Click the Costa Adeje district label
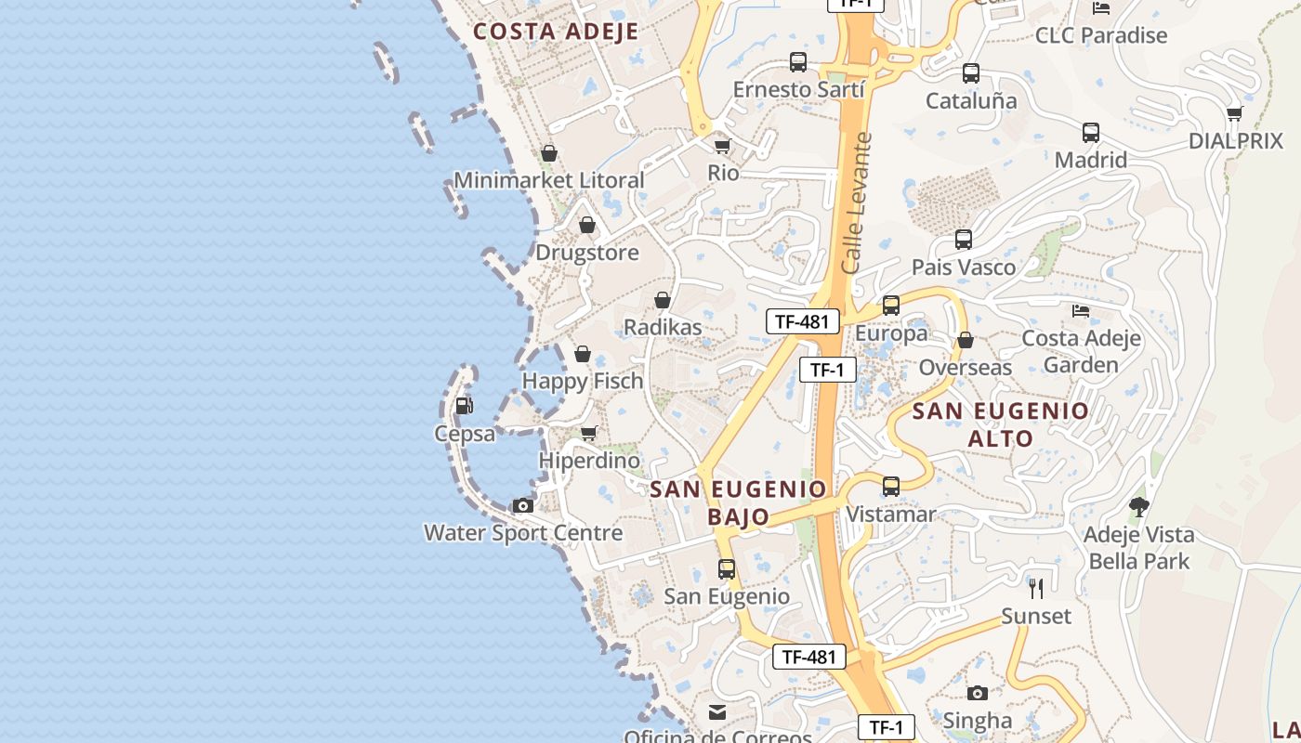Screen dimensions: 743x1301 point(556,32)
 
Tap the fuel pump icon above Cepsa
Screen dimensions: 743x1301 point(464,405)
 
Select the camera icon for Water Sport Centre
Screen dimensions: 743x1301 point(523,505)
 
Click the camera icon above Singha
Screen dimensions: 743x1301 point(977,693)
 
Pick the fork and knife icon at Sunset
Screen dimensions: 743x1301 point(1036,588)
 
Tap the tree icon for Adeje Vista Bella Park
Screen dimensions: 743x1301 point(1138,506)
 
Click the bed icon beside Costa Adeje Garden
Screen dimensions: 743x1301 point(1080,310)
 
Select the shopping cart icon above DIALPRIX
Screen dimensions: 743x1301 point(1234,113)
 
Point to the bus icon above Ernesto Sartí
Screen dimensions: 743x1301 point(798,62)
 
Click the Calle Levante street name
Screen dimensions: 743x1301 point(857,202)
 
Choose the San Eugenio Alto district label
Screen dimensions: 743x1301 point(1001,424)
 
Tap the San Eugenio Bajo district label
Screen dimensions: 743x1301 point(738,502)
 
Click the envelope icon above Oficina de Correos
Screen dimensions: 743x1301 point(717,712)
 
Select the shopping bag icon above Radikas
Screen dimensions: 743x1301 point(663,300)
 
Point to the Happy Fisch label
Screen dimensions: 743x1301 point(583,381)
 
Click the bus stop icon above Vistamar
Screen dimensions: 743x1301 point(891,486)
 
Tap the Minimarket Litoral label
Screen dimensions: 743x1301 point(548,180)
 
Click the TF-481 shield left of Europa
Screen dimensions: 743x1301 point(802,321)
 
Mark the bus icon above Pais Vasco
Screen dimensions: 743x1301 point(964,240)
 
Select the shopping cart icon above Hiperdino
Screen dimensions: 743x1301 point(588,433)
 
